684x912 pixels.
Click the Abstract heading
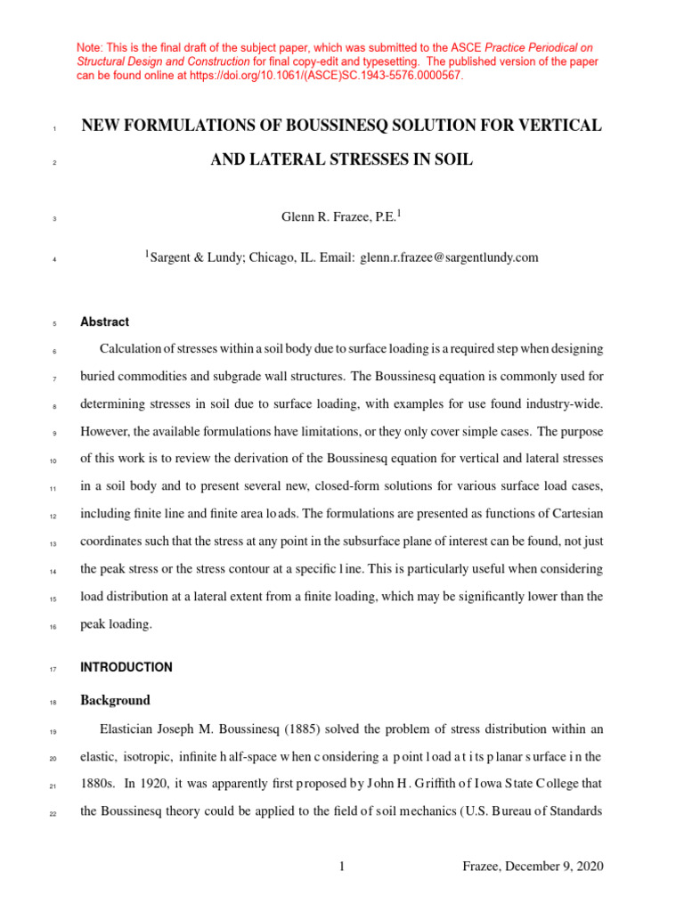point(104,322)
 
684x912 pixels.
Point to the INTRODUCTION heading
point(126,667)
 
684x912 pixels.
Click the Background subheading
point(115,700)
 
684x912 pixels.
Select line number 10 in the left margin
point(53,460)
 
